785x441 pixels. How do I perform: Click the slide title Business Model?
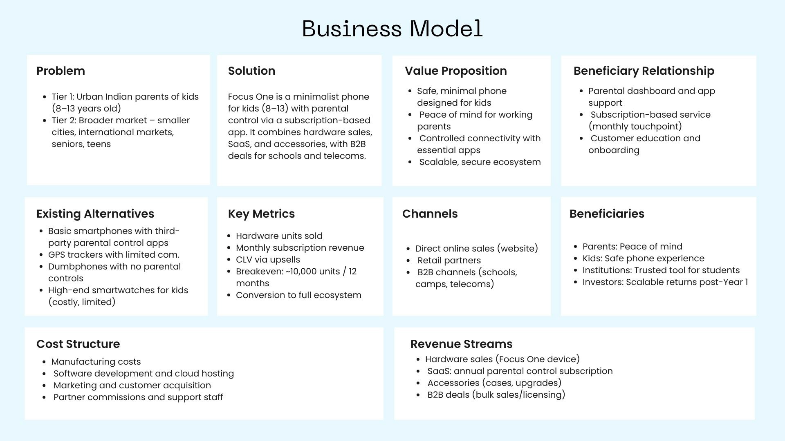point(392,29)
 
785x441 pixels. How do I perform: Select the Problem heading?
point(61,71)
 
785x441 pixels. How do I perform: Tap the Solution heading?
point(251,71)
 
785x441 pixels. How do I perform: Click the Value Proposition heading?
point(455,71)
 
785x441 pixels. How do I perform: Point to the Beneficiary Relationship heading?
point(644,71)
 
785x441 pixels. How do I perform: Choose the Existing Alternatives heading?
point(95,214)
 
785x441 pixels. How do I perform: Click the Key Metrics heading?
point(261,214)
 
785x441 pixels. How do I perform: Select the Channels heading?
point(430,214)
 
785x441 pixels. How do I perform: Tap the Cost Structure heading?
point(78,344)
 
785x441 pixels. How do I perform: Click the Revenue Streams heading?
point(461,344)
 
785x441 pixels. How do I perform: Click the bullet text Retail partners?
point(449,261)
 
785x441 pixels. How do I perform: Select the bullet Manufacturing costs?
point(96,362)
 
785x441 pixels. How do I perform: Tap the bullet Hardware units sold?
point(279,236)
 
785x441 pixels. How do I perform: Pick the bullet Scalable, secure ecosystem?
point(480,162)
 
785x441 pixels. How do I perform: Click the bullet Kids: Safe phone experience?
point(643,258)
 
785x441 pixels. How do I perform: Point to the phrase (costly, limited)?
point(82,302)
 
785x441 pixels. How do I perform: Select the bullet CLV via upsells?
point(268,260)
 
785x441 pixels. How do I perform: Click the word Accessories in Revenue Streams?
point(453,383)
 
